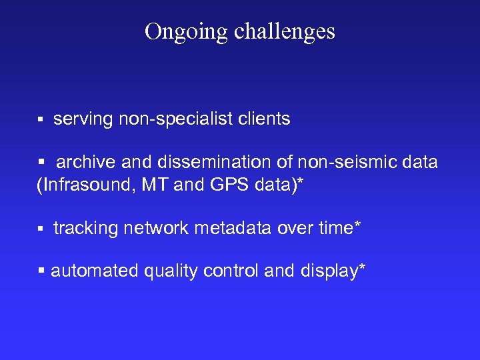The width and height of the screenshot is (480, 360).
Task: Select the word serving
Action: click(83, 119)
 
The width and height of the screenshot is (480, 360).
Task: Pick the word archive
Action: click(81, 162)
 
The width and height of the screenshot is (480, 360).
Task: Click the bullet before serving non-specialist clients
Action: click(40, 120)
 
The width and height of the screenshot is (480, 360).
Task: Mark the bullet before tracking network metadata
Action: click(40, 229)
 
